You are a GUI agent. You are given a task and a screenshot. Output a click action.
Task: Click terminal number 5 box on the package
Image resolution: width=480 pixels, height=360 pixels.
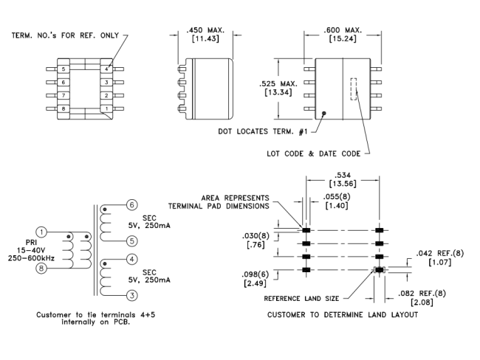64,69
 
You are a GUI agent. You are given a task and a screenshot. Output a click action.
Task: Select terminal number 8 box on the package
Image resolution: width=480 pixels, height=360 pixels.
64,109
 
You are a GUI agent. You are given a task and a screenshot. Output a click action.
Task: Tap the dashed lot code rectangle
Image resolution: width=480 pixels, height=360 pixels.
353,89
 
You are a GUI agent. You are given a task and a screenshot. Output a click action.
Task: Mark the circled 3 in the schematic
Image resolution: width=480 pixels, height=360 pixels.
131,295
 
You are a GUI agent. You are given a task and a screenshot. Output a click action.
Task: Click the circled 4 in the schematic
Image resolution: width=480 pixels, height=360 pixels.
131,259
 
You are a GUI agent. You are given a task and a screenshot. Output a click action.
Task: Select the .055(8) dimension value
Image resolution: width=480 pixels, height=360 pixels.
337,199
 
